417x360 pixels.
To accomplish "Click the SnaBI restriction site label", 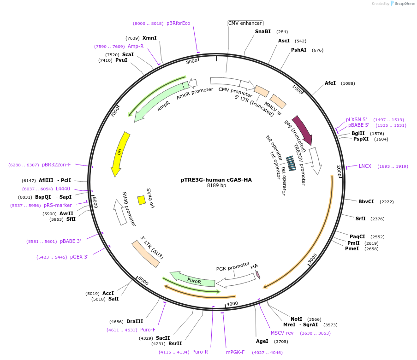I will (x=262, y=31).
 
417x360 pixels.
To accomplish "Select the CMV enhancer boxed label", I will (x=245, y=23).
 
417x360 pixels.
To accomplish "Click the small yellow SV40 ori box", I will (x=142, y=200).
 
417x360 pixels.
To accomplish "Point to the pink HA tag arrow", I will (x=257, y=274).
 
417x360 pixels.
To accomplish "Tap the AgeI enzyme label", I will (x=262, y=342).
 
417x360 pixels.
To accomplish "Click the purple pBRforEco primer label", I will (x=178, y=23).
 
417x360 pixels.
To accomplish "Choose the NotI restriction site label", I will (x=296, y=319).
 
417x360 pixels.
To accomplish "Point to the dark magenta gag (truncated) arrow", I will (x=302, y=130).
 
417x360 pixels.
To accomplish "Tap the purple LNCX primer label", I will (x=365, y=166).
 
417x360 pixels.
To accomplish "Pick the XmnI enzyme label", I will (x=149, y=38).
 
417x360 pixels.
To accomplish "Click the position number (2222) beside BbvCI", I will (x=387, y=202).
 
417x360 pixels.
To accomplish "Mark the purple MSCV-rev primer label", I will (x=282, y=333).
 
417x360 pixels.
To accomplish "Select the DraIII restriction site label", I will (x=135, y=321).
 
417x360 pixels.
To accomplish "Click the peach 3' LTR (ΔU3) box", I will (x=146, y=254).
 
